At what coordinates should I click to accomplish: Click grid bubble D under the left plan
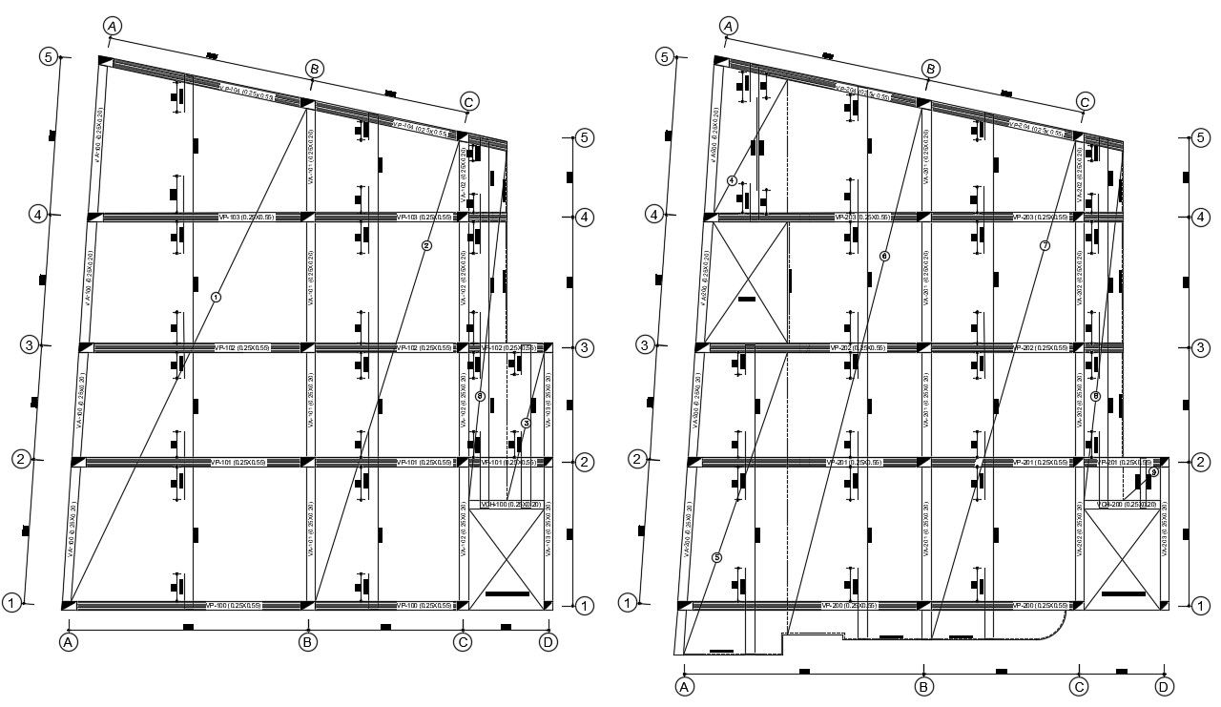[x=548, y=642]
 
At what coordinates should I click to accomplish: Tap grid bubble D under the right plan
[x=1164, y=685]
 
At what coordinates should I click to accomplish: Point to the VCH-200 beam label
[x=1126, y=504]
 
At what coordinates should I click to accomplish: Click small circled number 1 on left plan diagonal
[x=216, y=297]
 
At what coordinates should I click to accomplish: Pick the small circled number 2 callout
[x=426, y=245]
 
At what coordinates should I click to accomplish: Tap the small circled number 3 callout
[x=526, y=423]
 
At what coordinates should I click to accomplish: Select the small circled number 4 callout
[x=732, y=180]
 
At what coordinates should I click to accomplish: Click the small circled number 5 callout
[x=717, y=557]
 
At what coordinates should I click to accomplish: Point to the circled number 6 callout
[x=884, y=256]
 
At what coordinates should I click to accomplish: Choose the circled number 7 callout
[x=1045, y=245]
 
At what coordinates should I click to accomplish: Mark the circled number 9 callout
[x=1153, y=472]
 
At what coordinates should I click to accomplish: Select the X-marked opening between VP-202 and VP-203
[x=747, y=282]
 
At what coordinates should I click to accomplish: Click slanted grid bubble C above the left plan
[x=467, y=102]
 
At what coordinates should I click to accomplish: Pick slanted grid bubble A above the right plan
[x=729, y=26]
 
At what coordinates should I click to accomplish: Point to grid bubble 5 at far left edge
[x=50, y=57]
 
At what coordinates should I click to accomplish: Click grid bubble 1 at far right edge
[x=1200, y=604]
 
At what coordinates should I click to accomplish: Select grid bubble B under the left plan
[x=307, y=642]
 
